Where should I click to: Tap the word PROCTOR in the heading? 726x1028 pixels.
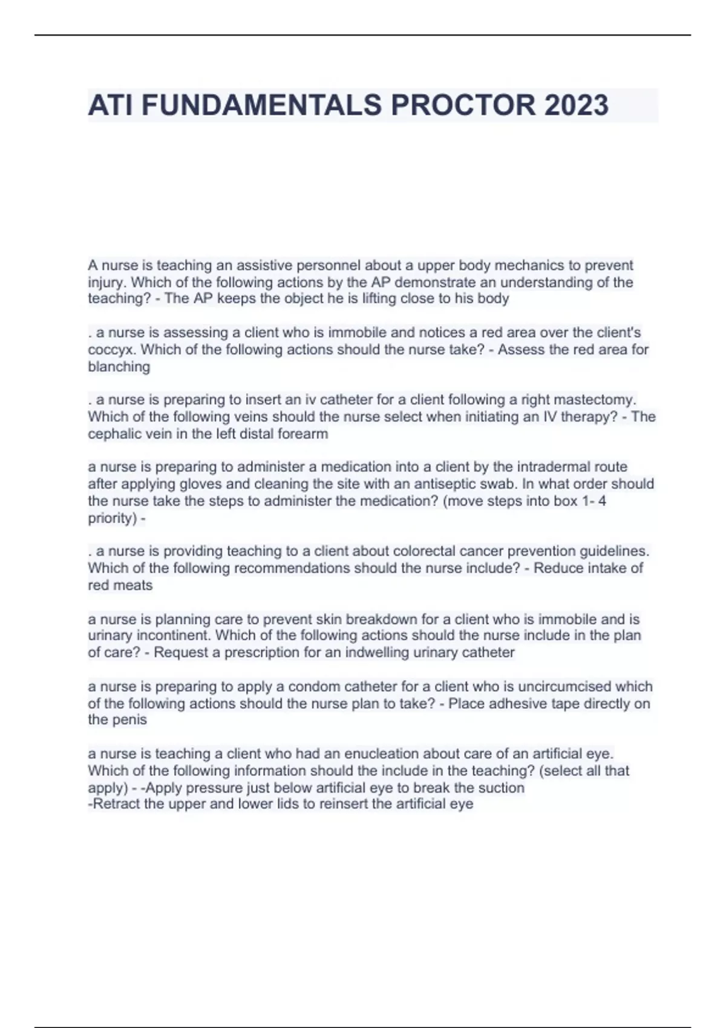pos(463,105)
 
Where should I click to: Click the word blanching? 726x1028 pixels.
pos(119,366)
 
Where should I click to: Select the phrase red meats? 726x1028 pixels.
pos(120,585)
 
